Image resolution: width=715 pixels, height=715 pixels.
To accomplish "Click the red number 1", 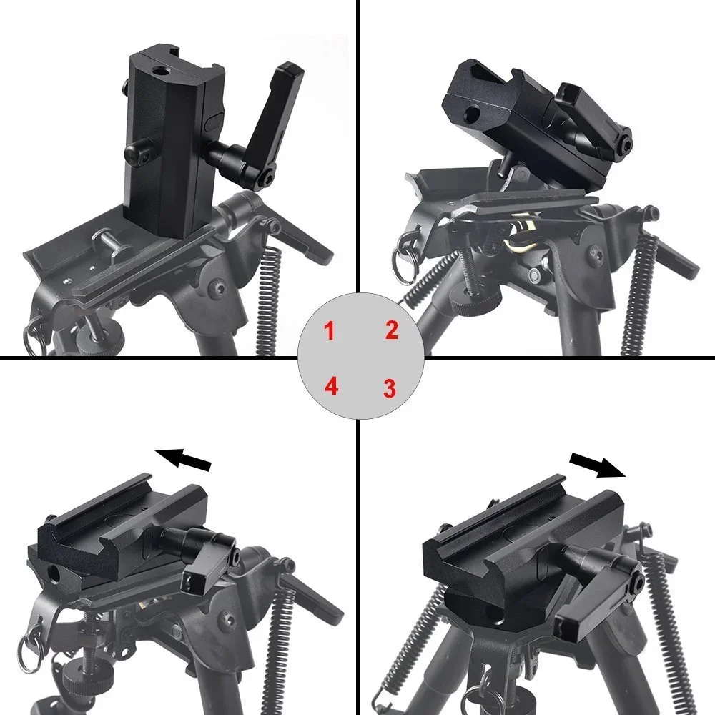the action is (x=329, y=330).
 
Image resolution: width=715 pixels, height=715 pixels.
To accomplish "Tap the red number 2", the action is (x=392, y=330).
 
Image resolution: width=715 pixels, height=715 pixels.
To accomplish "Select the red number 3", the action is (x=389, y=388).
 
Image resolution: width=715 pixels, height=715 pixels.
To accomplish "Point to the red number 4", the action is (x=332, y=386).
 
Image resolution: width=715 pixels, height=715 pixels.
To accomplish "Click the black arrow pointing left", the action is (x=183, y=458).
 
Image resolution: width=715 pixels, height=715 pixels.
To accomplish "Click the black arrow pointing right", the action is (x=598, y=465).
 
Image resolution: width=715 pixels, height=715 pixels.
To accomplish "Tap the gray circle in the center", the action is (x=360, y=356).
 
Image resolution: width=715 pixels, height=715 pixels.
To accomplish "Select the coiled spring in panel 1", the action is (x=267, y=301).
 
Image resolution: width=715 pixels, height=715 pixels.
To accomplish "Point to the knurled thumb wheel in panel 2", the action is (x=475, y=302).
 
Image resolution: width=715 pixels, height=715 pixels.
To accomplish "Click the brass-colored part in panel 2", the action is (x=520, y=238).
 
